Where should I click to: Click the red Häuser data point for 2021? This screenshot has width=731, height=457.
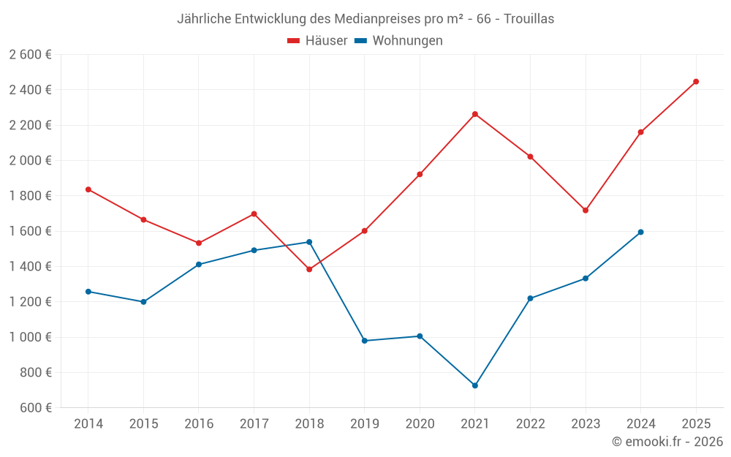click(x=475, y=114)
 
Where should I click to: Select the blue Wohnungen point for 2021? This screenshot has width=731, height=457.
click(x=475, y=385)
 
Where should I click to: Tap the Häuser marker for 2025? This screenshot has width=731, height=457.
click(x=696, y=81)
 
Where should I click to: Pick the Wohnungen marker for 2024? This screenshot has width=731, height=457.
click(x=641, y=232)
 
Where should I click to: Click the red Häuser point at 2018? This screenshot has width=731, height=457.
click(x=309, y=269)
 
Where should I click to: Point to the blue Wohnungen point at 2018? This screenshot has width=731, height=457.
click(x=309, y=242)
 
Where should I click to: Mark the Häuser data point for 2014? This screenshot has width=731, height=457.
click(x=88, y=189)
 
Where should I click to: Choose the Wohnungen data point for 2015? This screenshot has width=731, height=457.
click(x=143, y=302)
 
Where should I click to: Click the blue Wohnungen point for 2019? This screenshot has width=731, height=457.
click(x=365, y=341)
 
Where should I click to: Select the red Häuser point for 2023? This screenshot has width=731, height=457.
click(x=586, y=210)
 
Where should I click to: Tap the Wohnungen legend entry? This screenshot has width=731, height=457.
click(x=399, y=41)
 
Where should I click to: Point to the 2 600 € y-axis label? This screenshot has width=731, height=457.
click(x=30, y=55)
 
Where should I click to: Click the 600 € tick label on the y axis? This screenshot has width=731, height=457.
click(x=35, y=408)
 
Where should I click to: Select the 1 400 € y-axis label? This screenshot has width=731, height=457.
click(x=30, y=267)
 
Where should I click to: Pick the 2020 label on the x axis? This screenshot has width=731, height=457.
click(x=420, y=424)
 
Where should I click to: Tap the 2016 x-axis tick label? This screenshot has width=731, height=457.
click(x=199, y=424)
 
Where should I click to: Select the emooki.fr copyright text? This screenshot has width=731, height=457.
click(x=667, y=442)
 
